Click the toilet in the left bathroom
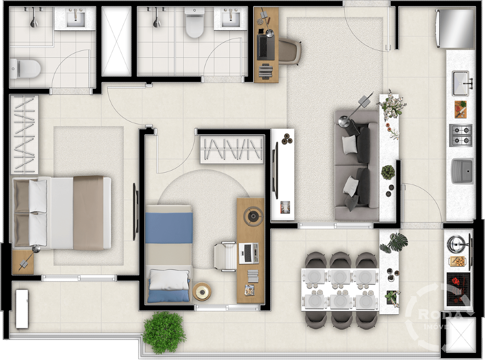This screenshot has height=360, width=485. point(26,69)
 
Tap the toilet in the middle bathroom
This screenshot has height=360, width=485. point(195,23)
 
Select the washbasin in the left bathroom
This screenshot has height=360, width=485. point(75,18)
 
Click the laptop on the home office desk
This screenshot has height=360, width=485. point(266,47)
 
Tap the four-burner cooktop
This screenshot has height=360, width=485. point(461,135)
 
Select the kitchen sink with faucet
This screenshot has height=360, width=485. point(462,83)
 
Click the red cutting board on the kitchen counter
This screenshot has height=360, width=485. point(460,109)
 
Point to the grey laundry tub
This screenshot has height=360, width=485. point(462,171)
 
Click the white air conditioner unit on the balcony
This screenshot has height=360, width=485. point(22,309)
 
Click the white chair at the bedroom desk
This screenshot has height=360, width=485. point(225,256)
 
